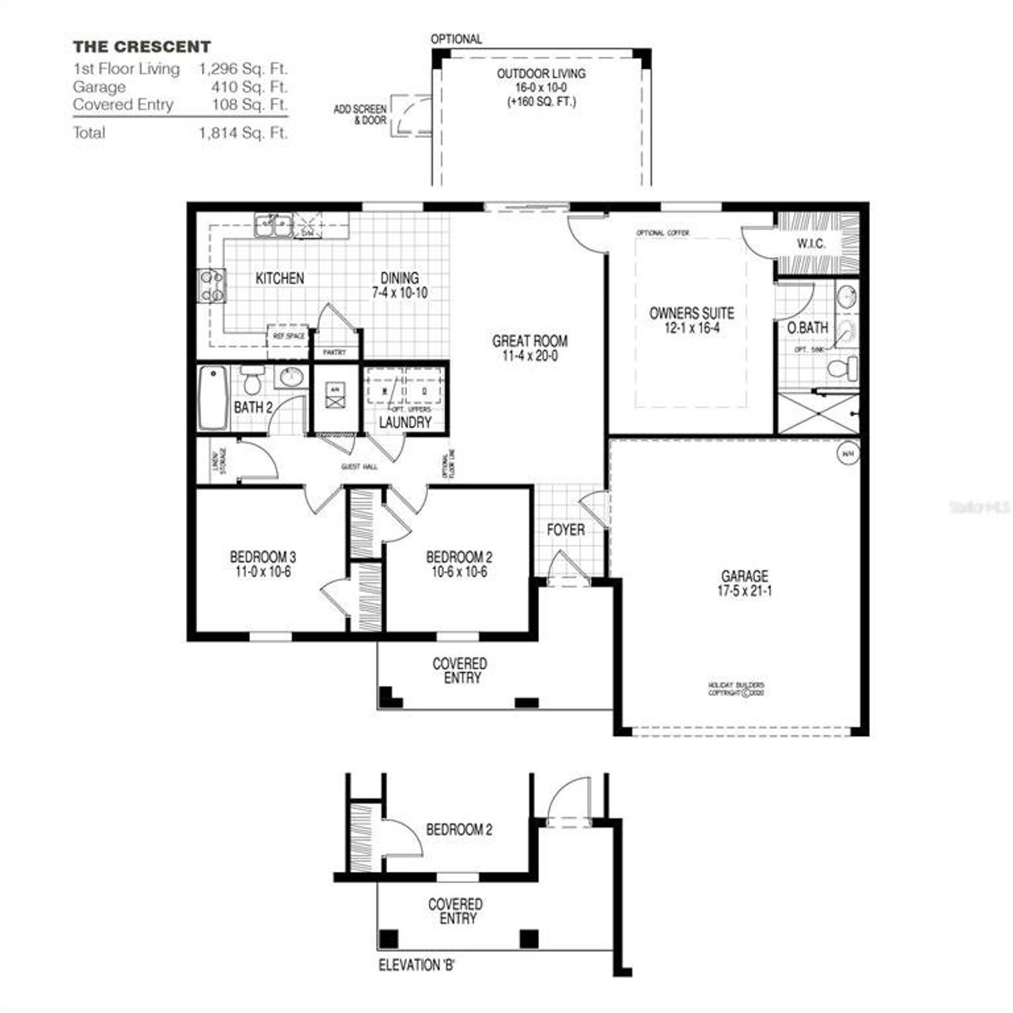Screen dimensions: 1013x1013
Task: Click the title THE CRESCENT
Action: click(142, 47)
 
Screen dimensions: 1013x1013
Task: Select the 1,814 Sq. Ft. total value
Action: click(243, 133)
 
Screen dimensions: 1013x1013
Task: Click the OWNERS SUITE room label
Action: click(691, 313)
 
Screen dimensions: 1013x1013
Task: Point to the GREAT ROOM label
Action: click(529, 342)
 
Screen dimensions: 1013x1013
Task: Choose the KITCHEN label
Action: click(279, 279)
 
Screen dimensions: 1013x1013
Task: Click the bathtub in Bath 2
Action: click(213, 397)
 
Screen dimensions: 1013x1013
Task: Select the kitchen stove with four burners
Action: click(211, 286)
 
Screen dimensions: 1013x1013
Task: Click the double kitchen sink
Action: click(273, 226)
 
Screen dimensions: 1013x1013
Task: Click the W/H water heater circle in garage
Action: click(848, 453)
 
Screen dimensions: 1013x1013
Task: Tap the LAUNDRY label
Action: click(404, 423)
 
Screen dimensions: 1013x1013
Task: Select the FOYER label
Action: click(566, 529)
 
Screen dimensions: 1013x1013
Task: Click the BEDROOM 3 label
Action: click(263, 556)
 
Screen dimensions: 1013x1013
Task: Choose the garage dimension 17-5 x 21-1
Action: click(744, 590)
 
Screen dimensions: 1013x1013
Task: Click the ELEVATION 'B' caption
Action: click(416, 966)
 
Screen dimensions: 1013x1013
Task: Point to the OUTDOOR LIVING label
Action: click(541, 74)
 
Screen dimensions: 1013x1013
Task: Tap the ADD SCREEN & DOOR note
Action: click(360, 114)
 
